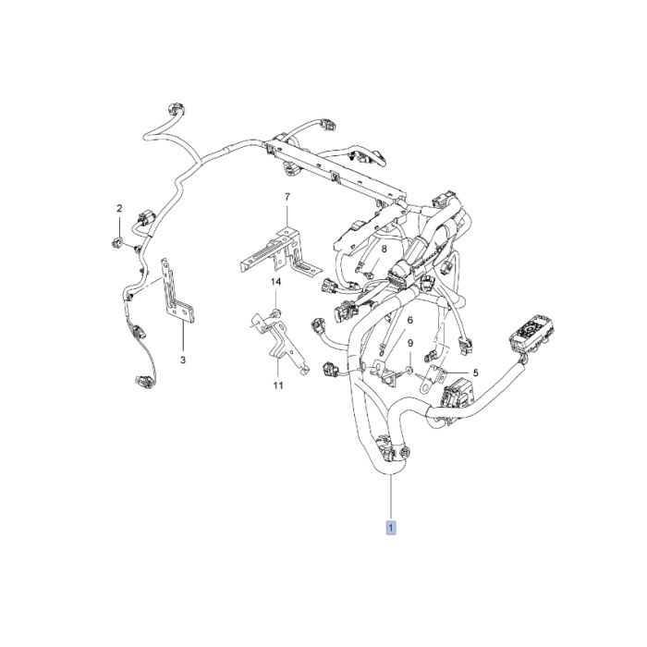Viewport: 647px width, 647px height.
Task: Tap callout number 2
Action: pyautogui.click(x=119, y=209)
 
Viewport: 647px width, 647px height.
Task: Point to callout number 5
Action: pyautogui.click(x=476, y=373)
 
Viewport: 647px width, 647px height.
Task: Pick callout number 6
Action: pyautogui.click(x=409, y=320)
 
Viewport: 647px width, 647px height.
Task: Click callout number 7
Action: pyautogui.click(x=287, y=198)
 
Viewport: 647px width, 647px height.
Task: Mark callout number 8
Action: pyautogui.click(x=384, y=250)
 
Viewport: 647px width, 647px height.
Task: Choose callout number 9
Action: pyautogui.click(x=409, y=344)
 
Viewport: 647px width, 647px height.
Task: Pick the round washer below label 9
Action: pyautogui.click(x=409, y=372)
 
